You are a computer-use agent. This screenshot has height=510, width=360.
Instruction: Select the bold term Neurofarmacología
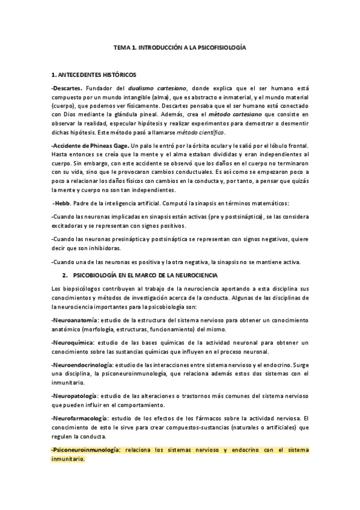click(x=81, y=418)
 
